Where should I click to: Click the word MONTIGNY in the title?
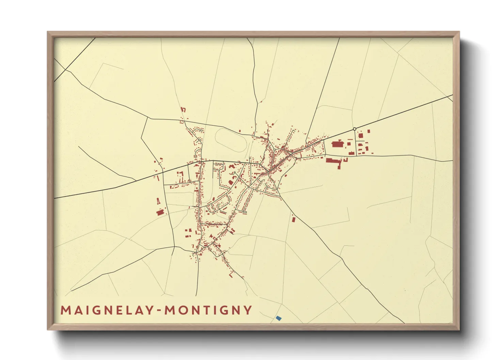click(208, 310)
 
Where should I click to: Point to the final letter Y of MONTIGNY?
click(248, 310)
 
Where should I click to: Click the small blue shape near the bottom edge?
click(279, 318)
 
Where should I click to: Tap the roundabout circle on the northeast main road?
click(355, 129)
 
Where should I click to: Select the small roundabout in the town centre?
click(274, 149)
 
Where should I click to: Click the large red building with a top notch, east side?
click(337, 144)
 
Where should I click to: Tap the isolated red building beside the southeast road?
click(294, 219)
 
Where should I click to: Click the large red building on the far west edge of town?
click(160, 212)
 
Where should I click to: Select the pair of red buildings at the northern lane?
click(183, 110)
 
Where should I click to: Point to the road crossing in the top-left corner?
click(65, 70)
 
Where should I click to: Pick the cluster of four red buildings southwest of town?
click(188, 233)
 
